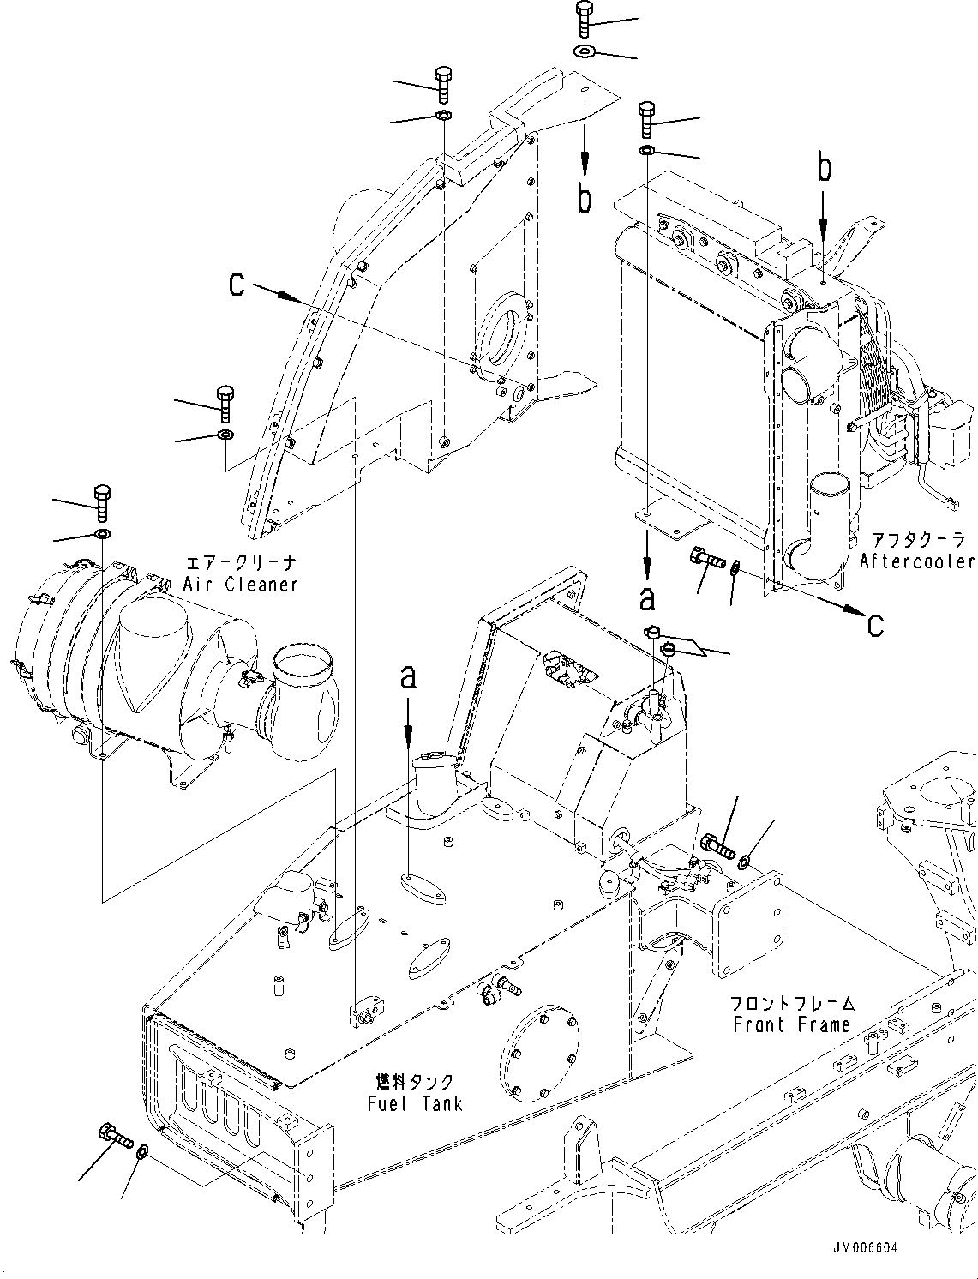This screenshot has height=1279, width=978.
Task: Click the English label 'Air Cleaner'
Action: click(x=240, y=585)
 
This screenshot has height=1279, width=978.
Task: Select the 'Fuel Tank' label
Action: click(x=415, y=1103)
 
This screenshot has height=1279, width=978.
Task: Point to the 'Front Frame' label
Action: click(x=791, y=1024)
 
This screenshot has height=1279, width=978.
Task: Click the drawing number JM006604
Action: click(x=867, y=1249)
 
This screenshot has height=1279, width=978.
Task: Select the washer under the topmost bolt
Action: click(x=585, y=52)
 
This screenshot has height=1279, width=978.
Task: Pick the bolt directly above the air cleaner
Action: click(x=101, y=502)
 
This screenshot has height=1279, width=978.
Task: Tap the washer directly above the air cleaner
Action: click(x=102, y=536)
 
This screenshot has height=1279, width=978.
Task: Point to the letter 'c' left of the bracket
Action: click(x=237, y=285)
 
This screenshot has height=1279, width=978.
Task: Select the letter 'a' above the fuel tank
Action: click(x=409, y=677)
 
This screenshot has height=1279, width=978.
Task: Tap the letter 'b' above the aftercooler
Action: click(x=824, y=169)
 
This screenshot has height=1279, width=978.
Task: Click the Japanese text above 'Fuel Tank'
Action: click(x=415, y=1081)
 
